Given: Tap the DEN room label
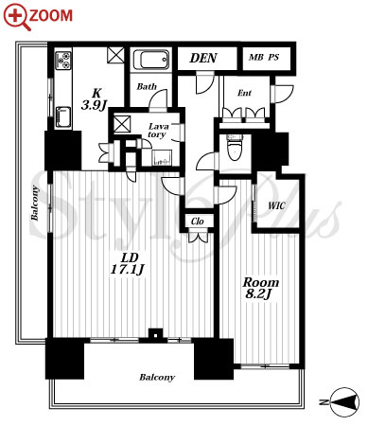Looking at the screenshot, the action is point(203,58).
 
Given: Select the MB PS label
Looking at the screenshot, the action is point(264,58).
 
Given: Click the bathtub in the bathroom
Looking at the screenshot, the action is point(150,60).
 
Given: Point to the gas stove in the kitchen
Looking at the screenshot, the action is point(63,62).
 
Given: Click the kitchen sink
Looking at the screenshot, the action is point(63,116).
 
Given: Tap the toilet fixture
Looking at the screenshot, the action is point(235,148).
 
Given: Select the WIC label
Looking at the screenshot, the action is point(276,206).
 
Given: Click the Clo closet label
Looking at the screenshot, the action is point(198,222).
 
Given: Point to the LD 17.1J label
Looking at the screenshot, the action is point(128,263).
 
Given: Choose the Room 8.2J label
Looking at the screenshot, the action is point(260,288).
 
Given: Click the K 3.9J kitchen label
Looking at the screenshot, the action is point(95,99).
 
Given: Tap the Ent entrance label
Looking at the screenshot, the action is point(244,93).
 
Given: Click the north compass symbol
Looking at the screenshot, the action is point(343,402).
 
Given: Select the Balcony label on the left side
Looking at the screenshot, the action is point(35,204).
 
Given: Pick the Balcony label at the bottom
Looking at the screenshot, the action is point(157,378).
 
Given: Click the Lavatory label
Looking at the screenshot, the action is point(158,131).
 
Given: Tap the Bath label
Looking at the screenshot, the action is point(147,86).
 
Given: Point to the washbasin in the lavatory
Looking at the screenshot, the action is point(162,158).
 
